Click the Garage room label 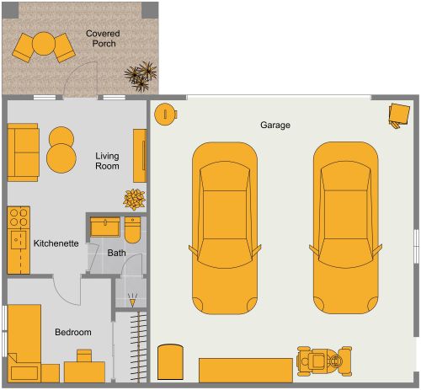(274, 125)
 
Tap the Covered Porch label (103, 39)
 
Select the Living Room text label (108, 161)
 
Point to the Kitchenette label (56, 243)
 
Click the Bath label (116, 253)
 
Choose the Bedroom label (73, 333)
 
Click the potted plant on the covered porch (141, 75)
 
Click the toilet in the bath (133, 230)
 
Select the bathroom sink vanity (105, 227)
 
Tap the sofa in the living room (23, 152)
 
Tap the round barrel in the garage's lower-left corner (171, 361)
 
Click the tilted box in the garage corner (397, 115)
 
